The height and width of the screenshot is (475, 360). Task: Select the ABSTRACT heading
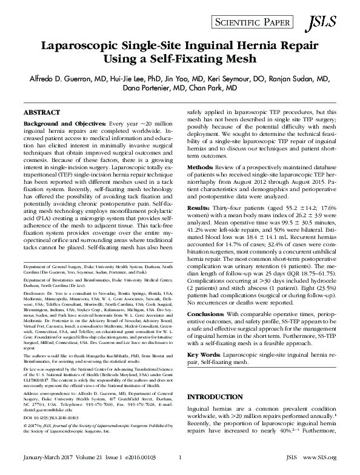click(41, 113)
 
